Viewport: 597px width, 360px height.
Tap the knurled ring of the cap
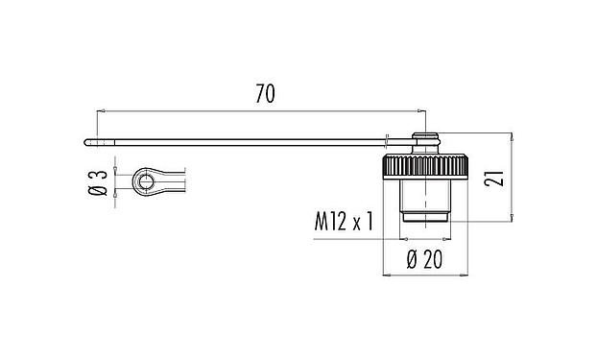(423, 164)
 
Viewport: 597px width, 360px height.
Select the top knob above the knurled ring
(423, 141)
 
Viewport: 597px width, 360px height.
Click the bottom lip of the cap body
(423, 222)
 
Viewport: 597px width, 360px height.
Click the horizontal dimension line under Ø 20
(423, 276)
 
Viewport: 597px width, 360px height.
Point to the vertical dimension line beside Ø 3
(115, 182)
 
